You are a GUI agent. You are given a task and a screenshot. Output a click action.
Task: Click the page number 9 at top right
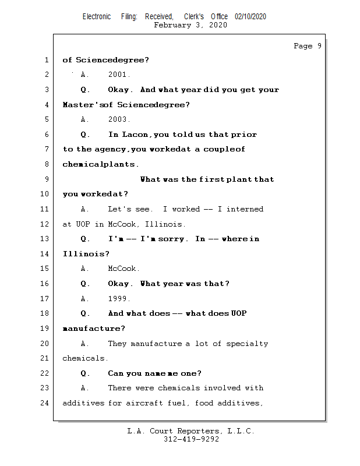pyautogui.click(x=319, y=46)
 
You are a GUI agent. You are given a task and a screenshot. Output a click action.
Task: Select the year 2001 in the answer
pyautogui.click(x=119, y=75)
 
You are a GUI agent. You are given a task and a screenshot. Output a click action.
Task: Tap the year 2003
pyautogui.click(x=119, y=119)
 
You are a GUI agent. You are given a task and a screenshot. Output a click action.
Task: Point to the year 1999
pyautogui.click(x=119, y=299)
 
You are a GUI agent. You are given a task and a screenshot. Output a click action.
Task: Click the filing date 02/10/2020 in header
pyautogui.click(x=250, y=17)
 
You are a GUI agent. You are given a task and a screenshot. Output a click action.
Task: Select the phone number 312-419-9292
pyautogui.click(x=191, y=440)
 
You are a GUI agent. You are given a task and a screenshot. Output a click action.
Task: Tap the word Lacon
pyautogui.click(x=135, y=135)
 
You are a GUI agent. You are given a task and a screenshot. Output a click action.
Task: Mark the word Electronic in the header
pyautogui.click(x=97, y=17)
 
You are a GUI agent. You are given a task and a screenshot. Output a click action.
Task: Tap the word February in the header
pyautogui.click(x=174, y=25)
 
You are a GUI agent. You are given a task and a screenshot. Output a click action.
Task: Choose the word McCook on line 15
pyautogui.click(x=123, y=269)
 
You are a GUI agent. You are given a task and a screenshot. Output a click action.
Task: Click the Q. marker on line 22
pyautogui.click(x=85, y=373)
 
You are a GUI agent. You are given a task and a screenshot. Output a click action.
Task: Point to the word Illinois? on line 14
pyautogui.click(x=86, y=254)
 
